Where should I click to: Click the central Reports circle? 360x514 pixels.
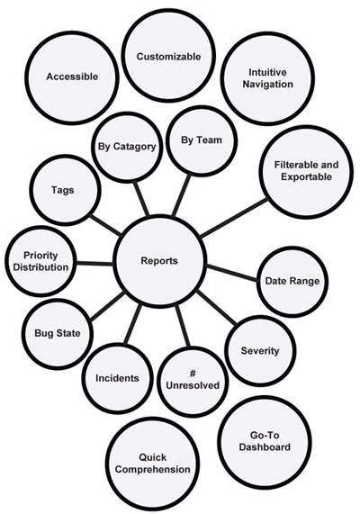(159, 261)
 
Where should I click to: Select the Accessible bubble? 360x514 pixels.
(72, 77)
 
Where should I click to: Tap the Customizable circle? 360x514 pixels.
(169, 57)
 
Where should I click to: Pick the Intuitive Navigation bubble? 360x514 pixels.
(267, 78)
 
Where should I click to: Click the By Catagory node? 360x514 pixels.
(127, 147)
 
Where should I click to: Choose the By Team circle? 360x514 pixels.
(202, 140)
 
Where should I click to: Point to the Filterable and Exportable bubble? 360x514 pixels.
(307, 171)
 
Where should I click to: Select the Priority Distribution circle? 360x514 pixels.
(40, 262)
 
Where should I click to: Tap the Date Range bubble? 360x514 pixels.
(292, 282)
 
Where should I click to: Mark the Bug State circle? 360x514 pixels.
(58, 334)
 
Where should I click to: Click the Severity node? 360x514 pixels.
(260, 351)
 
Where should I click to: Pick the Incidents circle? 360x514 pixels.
(117, 379)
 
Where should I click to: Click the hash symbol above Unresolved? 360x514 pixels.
(193, 373)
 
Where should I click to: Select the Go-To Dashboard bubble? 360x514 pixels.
(265, 442)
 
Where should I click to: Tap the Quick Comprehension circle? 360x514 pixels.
(153, 464)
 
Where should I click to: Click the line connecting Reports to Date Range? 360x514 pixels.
(232, 273)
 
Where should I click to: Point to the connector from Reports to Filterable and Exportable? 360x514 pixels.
(233, 218)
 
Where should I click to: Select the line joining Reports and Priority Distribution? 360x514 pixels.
(94, 263)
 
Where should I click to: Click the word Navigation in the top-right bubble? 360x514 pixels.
(268, 85)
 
